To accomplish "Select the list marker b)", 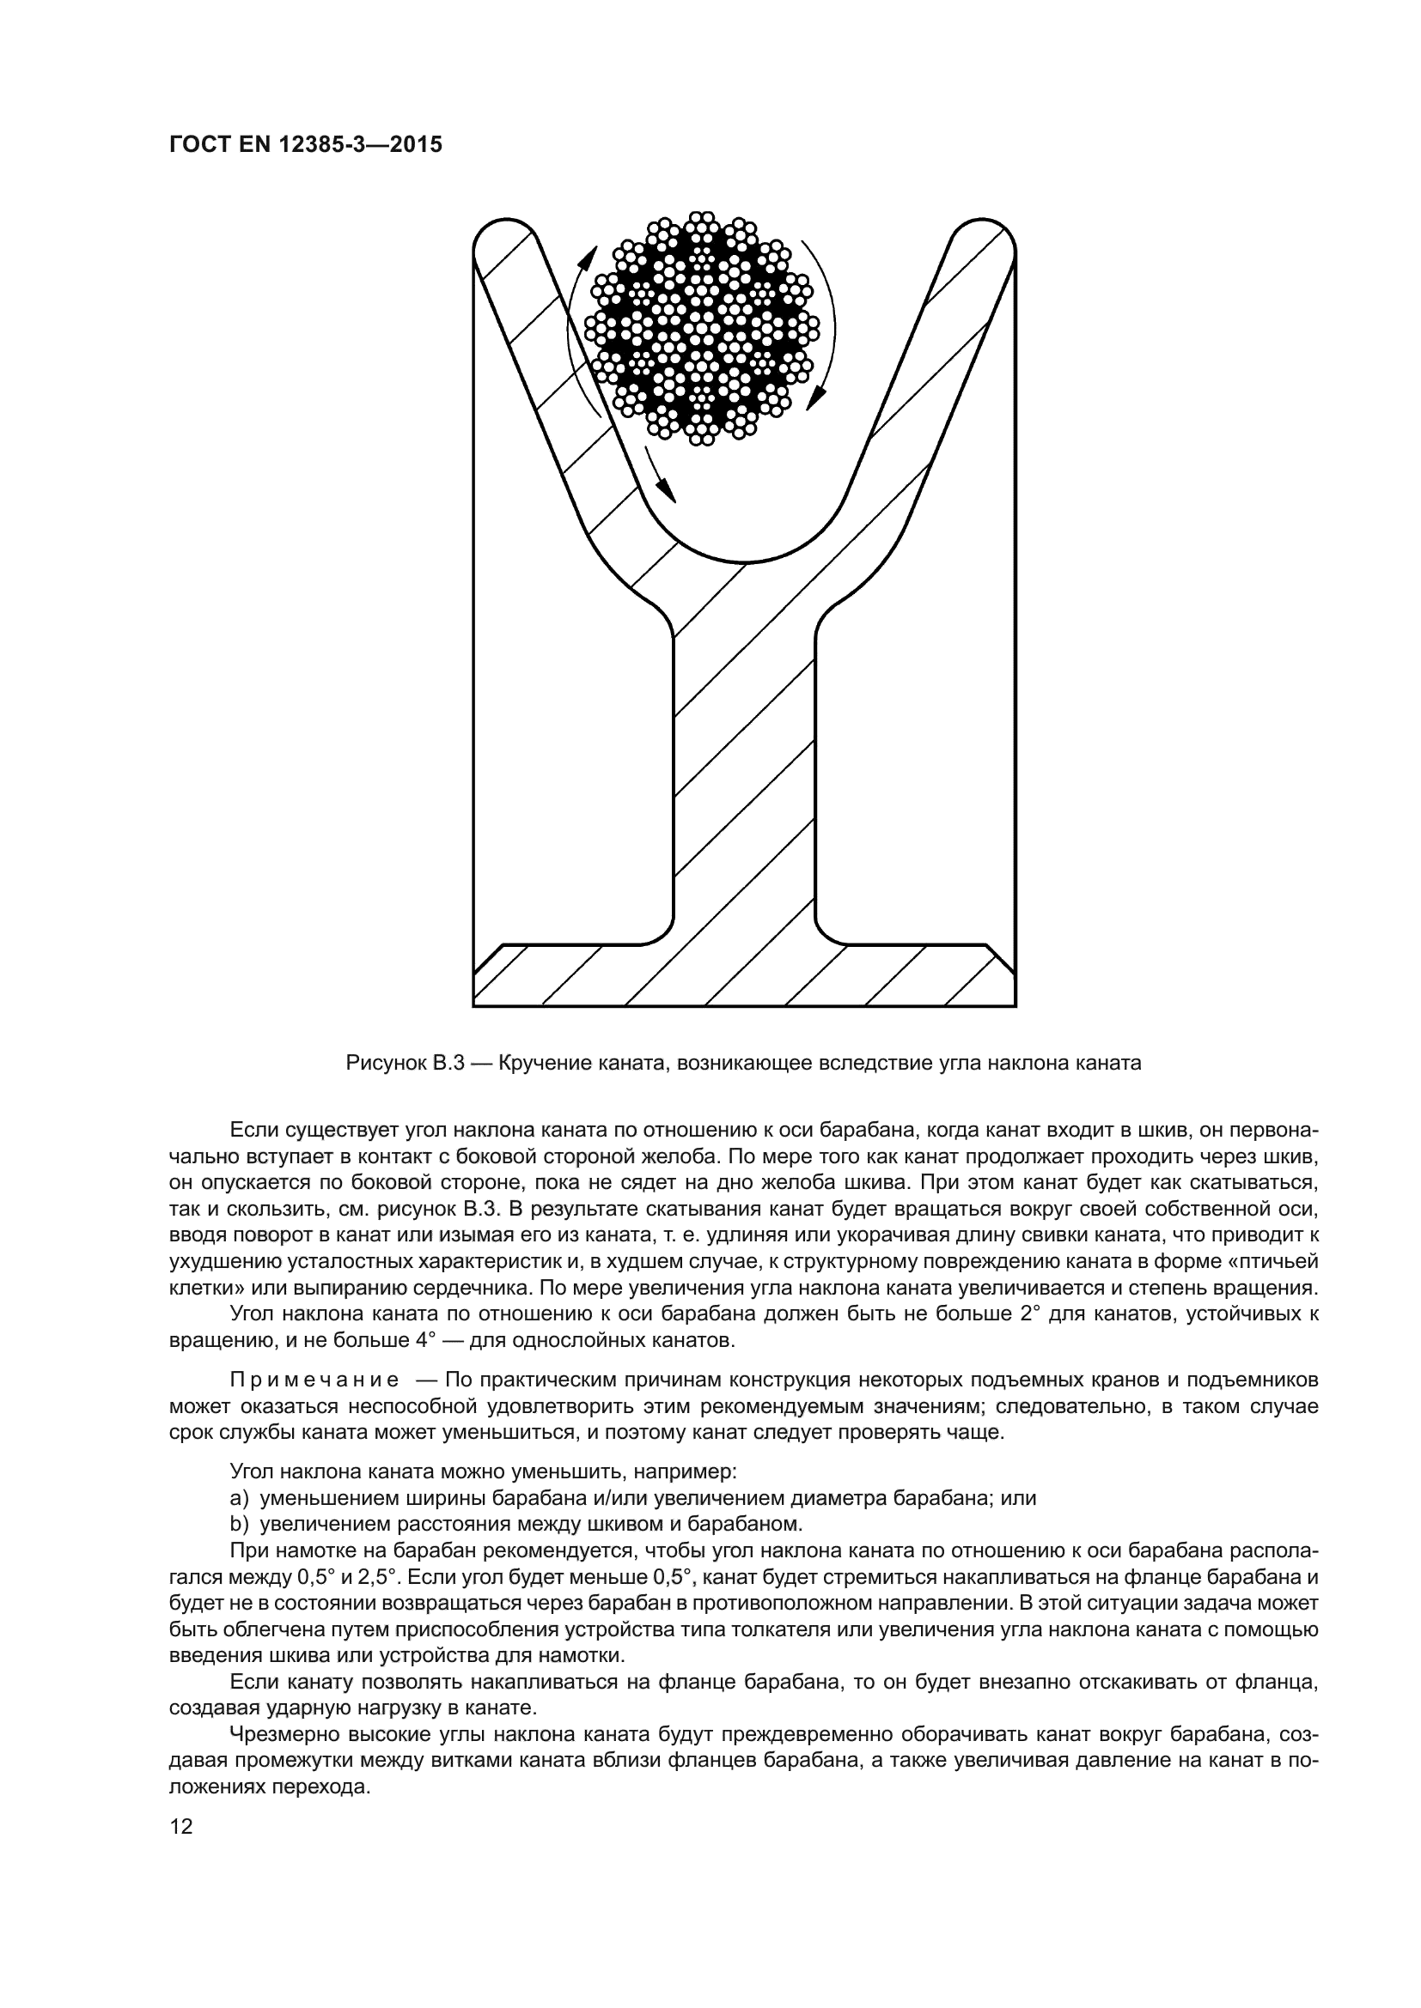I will (240, 1524).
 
